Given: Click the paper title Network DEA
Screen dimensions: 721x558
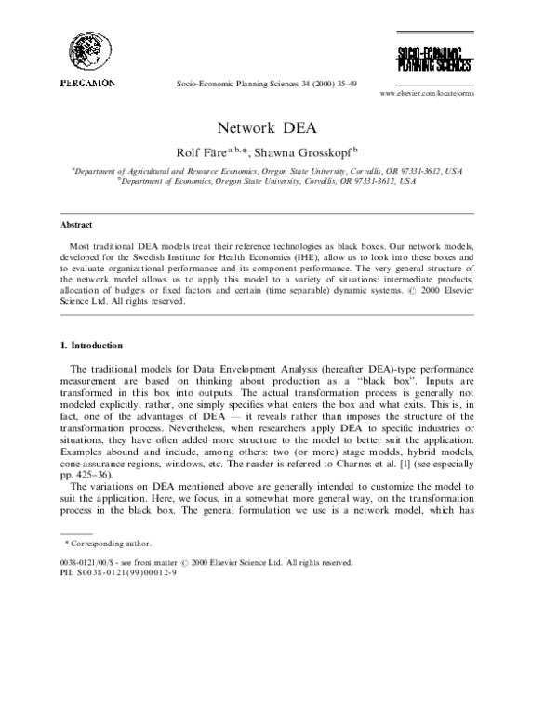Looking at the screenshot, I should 278,129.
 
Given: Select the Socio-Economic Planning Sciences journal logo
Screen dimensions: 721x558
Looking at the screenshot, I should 434,57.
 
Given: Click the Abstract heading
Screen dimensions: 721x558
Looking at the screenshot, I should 76,225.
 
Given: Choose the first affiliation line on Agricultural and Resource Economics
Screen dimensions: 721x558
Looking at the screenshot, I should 279,172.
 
